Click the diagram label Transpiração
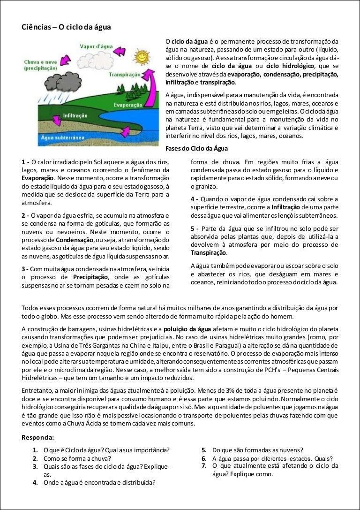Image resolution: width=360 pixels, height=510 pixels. click(x=124, y=75)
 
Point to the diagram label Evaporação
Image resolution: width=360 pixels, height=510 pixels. click(x=124, y=106)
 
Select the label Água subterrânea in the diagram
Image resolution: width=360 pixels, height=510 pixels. click(x=62, y=137)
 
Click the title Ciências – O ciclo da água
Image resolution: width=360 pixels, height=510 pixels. click(x=66, y=27)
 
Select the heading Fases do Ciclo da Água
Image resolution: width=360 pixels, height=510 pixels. click(x=197, y=149)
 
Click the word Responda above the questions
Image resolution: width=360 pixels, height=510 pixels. click(x=37, y=437)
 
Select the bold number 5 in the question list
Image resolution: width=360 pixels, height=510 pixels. click(x=204, y=449)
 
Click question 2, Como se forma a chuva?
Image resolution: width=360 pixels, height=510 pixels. click(x=77, y=458)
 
